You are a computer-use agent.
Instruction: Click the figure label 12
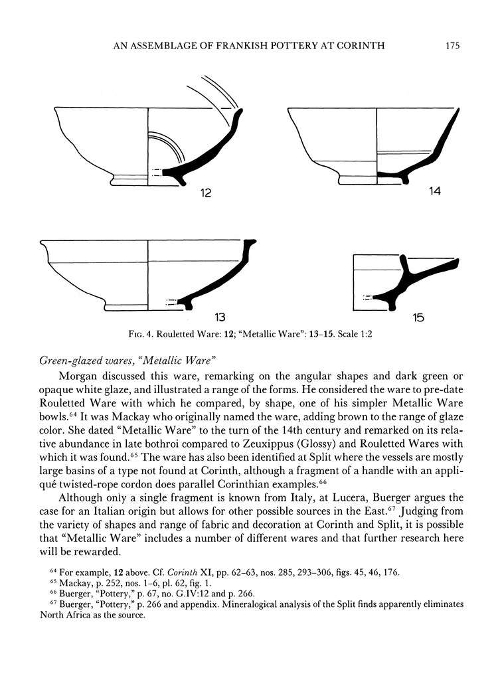tap(206, 194)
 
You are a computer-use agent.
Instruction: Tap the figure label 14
tap(434, 191)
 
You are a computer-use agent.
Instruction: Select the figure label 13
tap(219, 317)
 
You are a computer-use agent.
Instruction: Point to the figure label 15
tap(418, 317)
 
